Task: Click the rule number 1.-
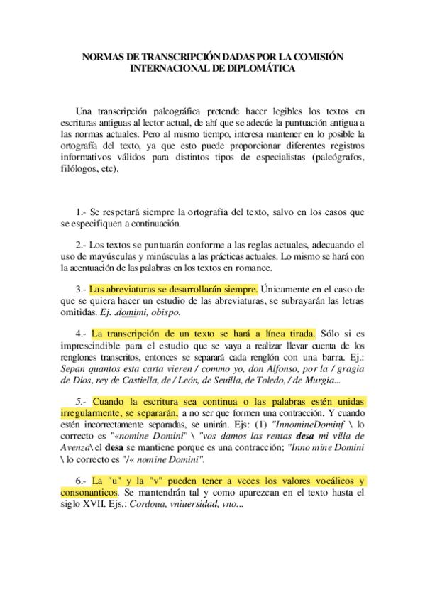pyautogui.click(x=81, y=212)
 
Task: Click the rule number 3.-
pyautogui.click(x=80, y=290)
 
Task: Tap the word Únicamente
pyautogui.click(x=288, y=290)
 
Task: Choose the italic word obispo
pyautogui.click(x=164, y=312)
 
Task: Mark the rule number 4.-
pyautogui.click(x=80, y=334)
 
